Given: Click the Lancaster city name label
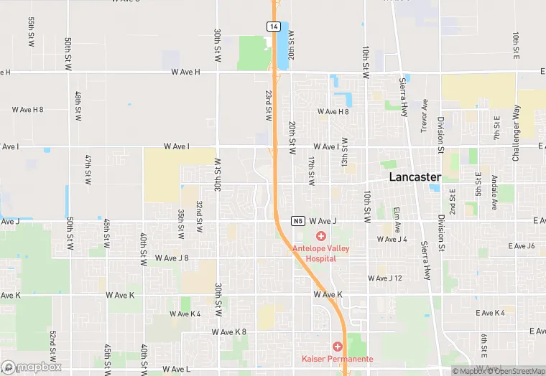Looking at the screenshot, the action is pos(415,177).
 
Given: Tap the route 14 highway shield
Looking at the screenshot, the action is pos(273,26).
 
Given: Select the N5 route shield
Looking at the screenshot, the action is pos(297,220).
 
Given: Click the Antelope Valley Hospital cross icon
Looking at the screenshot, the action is pos(320,236).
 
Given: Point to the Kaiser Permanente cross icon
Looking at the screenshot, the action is pos(337,347).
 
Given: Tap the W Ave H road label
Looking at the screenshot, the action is pos(186,72).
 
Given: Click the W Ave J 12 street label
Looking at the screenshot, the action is pos(385,278).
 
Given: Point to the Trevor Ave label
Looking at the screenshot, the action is pos(425,115).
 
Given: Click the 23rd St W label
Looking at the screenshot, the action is pos(267,105).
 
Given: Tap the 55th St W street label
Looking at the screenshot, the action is pos(32,33).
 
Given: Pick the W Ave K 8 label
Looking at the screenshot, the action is pos(229,332).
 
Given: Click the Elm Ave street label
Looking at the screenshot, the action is pos(396,218).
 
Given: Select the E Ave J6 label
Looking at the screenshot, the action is pos(521,246).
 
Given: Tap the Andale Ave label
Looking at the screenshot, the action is pos(494,192).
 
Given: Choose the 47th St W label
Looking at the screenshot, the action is pos(88,169).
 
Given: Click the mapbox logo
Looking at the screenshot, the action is pos(32,367).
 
